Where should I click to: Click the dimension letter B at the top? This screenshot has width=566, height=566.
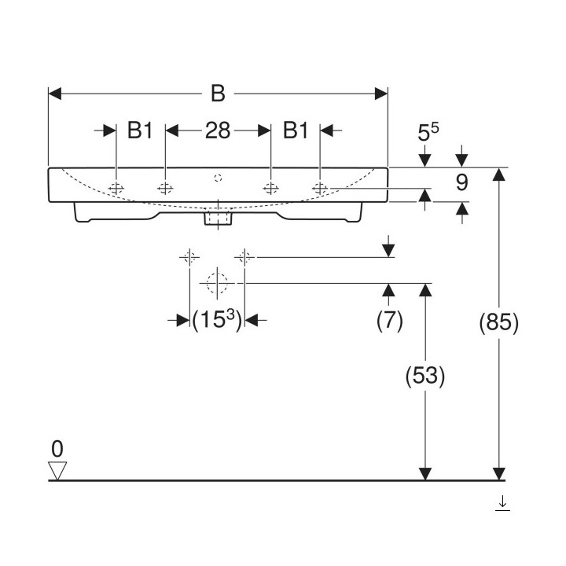(218, 94)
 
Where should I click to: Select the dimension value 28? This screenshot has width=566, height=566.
(218, 130)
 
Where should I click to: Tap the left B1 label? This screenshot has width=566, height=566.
(140, 130)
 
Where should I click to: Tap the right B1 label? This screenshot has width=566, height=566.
(296, 130)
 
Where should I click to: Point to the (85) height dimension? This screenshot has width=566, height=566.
(498, 322)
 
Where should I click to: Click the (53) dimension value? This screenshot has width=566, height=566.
(425, 377)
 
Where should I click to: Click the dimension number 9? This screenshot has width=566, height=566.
(461, 183)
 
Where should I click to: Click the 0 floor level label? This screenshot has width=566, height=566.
(57, 449)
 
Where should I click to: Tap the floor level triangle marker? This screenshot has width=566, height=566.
(57, 470)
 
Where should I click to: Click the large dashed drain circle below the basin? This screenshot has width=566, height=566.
(215, 281)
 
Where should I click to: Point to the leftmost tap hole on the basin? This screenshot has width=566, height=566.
(116, 188)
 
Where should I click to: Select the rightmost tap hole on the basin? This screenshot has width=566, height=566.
(320, 188)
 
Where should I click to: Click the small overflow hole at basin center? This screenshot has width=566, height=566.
(219, 177)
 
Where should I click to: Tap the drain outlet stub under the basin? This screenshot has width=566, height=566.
(215, 218)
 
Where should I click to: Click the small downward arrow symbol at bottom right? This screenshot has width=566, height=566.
(502, 502)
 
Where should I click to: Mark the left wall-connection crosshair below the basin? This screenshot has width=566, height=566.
(189, 256)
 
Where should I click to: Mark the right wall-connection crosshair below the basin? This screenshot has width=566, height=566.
(244, 256)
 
